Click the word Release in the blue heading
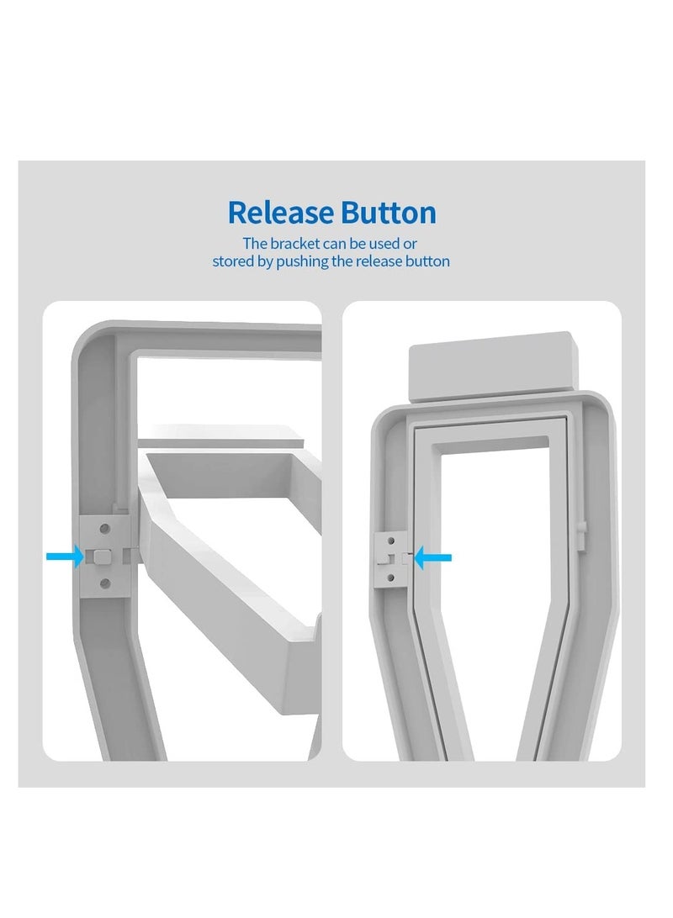coord(280,212)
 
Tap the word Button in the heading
coord(389,212)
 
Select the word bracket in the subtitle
coord(294,243)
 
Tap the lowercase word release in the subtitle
coord(382,261)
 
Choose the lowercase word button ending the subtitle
coord(431,261)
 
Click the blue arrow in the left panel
coord(65,557)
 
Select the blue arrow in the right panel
coord(433,557)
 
